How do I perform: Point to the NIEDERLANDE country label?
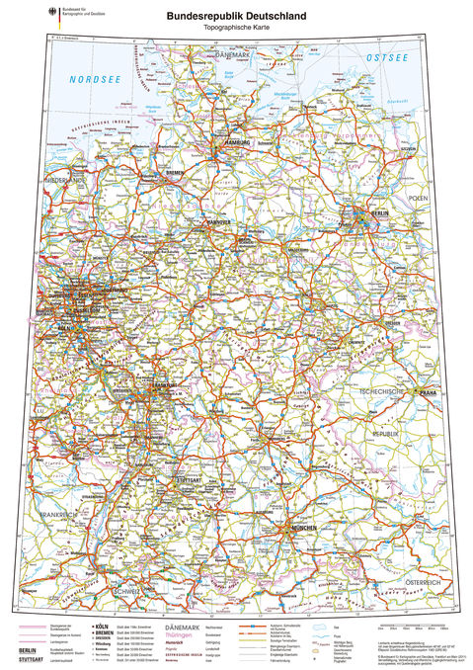point(62,182)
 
